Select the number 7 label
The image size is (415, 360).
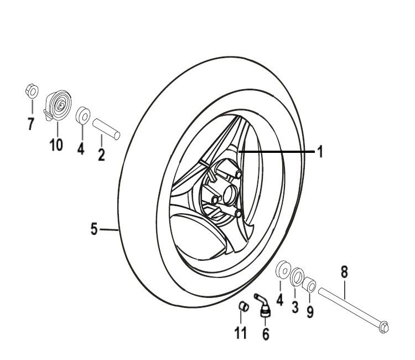pos(31,124)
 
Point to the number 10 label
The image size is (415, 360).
pos(55,145)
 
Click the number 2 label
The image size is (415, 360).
pos(101,155)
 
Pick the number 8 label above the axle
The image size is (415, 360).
pos(344,271)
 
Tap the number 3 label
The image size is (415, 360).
pos(295,306)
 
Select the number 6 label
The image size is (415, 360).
pos(266,335)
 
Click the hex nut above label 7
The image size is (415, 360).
pos(31,90)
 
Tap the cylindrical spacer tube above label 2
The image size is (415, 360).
pos(106,127)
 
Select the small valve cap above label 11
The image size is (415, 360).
pos(242,307)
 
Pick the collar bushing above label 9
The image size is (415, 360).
pos(310,286)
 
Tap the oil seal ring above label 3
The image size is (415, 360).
pos(297,275)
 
